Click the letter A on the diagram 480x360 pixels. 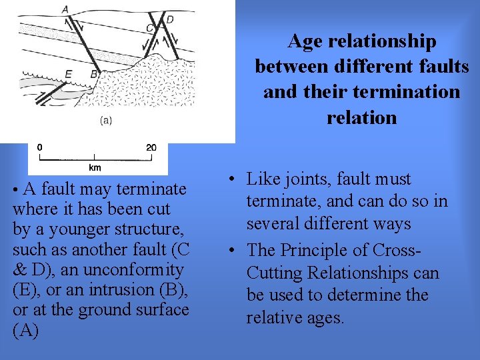65,9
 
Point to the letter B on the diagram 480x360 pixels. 94,74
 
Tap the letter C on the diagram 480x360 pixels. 149,27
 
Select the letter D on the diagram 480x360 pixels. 170,20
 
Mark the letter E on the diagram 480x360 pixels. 69,74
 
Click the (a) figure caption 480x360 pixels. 105,121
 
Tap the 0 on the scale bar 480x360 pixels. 40,147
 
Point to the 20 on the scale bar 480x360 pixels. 151,147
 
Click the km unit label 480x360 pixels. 95,168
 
